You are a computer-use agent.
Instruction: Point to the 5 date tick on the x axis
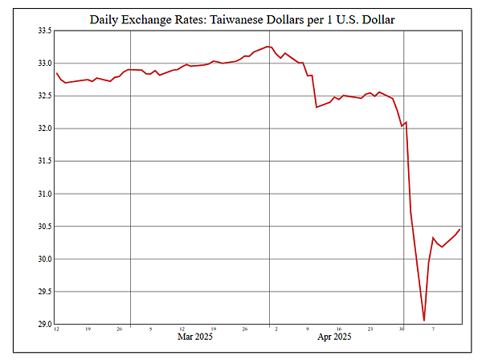click(150, 329)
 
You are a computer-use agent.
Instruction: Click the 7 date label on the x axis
click(433, 329)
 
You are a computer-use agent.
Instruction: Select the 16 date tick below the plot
click(339, 329)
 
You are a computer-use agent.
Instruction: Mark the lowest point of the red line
click(423, 321)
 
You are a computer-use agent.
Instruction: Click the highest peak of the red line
click(268, 47)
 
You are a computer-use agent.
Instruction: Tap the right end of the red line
click(460, 229)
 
